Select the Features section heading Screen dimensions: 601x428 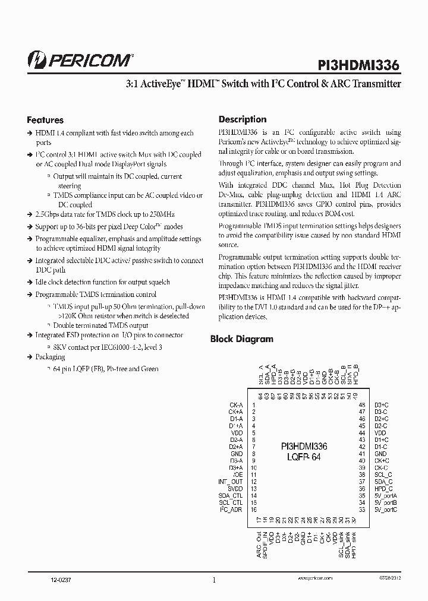[46, 120]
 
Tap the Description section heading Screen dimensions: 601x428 [243, 119]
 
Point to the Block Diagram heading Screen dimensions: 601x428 [242, 339]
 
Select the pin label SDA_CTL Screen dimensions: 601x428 [231, 496]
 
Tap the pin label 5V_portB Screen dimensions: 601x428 [386, 502]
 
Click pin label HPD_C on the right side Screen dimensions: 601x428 [383, 488]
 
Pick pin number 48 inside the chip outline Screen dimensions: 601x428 [361, 405]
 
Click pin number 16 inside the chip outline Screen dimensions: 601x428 [253, 510]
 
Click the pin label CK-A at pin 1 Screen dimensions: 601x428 [236, 405]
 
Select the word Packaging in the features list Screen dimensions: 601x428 [51, 358]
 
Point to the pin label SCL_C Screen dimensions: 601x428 [383, 475]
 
